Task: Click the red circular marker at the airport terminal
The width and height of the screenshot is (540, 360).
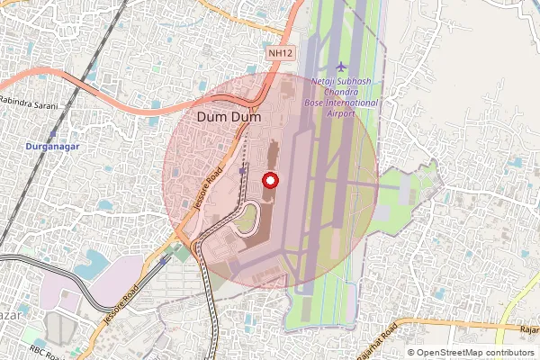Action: tap(270, 180)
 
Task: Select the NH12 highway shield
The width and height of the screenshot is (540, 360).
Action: tap(280, 54)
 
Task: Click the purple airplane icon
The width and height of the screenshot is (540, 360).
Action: tap(340, 67)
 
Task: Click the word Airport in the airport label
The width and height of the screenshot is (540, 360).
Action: tap(341, 114)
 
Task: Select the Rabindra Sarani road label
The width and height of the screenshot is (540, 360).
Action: tap(30, 104)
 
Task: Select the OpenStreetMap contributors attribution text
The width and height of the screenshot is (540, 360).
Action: tap(474, 353)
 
